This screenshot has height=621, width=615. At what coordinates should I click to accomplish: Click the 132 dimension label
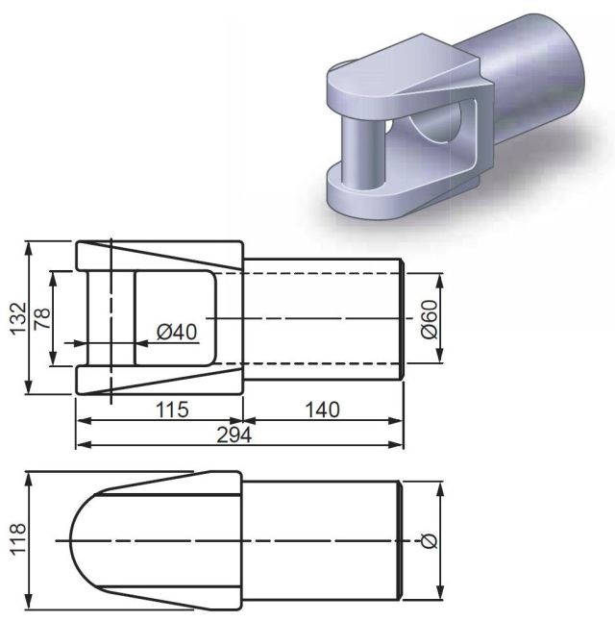19,319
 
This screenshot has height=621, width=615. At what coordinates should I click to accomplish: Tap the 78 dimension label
42,318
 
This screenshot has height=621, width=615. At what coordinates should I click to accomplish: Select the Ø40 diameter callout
177,332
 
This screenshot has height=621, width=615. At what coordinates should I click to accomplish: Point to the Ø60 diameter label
429,319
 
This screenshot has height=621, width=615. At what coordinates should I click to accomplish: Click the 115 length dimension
172,410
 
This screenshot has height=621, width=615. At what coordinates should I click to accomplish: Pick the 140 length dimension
322,410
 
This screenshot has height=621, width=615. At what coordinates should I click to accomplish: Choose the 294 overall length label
234,435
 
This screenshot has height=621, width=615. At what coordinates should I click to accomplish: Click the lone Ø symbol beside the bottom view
429,541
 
